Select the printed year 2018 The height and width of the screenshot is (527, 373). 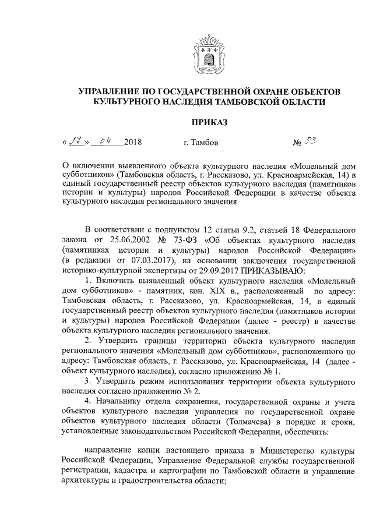[x=132, y=142]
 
